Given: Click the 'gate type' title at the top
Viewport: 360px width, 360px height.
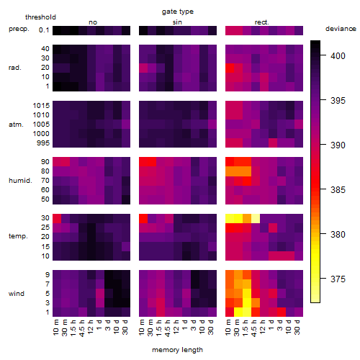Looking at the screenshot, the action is coord(178,12).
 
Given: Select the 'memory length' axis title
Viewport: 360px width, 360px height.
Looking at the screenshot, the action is coord(177,350).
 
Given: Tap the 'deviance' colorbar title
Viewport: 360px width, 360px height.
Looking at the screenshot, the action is coord(341,29).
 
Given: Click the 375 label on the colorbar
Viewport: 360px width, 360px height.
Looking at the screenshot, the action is coord(338,279).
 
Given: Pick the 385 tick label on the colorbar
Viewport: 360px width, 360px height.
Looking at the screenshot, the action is coord(338,190).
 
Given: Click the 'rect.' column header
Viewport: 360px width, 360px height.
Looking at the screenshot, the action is coord(262,22).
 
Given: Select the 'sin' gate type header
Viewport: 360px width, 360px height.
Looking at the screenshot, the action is coord(177,22).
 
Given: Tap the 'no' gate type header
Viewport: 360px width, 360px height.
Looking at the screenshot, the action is coord(93,22).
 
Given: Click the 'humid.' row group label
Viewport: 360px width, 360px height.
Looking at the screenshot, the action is coord(20,180).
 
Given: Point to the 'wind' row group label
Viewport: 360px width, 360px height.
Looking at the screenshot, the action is coord(17,293).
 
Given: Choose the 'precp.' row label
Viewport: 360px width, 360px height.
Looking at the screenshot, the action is coord(19,29).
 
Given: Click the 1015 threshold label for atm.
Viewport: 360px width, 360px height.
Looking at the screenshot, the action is coord(41,105).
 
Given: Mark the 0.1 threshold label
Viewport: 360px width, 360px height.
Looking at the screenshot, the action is coord(44,30).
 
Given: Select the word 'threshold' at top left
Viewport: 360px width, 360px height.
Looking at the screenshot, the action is coord(40,17).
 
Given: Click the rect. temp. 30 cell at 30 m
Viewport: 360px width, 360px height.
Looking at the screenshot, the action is coord(238,218).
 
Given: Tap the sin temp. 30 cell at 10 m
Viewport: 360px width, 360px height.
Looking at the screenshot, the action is coord(143,218).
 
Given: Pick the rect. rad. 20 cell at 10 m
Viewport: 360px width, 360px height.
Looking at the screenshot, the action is coord(230,68).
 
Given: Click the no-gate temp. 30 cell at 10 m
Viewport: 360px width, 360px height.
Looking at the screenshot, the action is coord(57,218).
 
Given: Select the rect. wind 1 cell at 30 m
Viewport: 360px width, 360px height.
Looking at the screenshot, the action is coord(238,312).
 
